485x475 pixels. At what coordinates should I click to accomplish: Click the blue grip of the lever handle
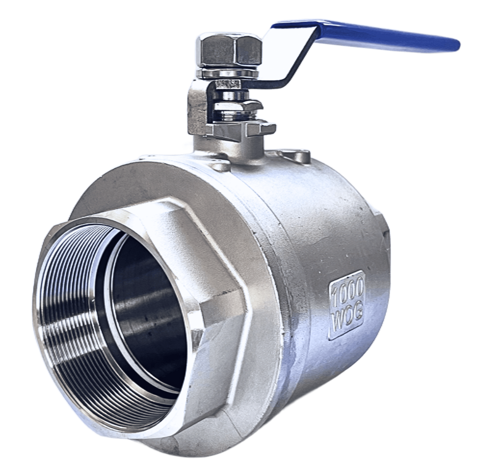pos(365,35)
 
